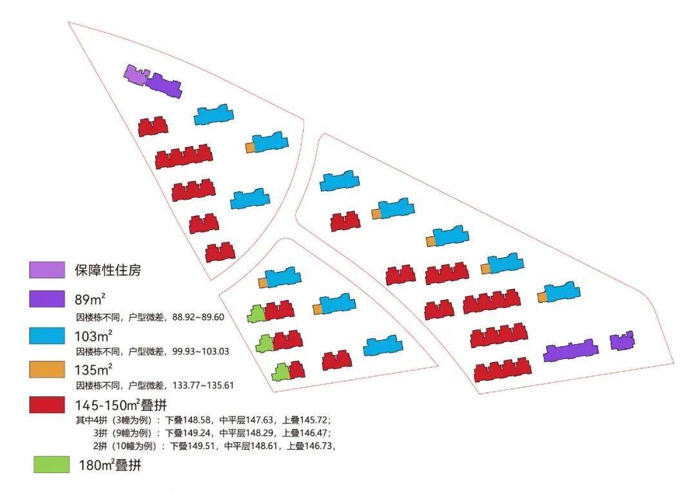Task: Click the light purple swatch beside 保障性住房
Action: [47, 270]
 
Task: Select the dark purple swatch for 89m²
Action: [47, 300]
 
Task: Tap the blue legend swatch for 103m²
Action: [47, 336]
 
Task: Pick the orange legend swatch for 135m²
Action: [47, 370]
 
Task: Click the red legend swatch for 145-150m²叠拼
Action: [47, 405]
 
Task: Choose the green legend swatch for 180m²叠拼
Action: [52, 465]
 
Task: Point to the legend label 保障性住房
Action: [107, 270]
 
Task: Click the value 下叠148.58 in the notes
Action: [189, 419]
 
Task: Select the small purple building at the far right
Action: [622, 341]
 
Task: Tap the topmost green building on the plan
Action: [256, 314]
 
